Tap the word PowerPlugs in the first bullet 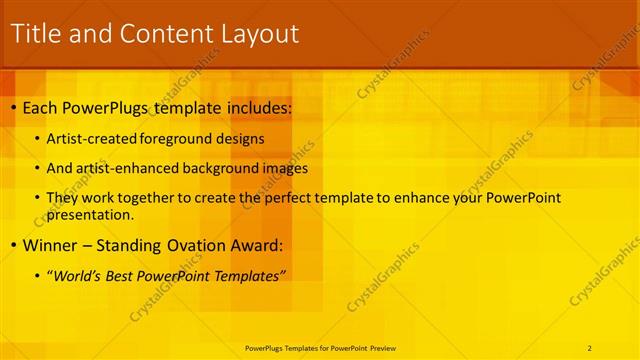[111, 106]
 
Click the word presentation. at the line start [89, 214]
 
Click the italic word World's [79, 275]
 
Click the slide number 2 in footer [590, 347]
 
